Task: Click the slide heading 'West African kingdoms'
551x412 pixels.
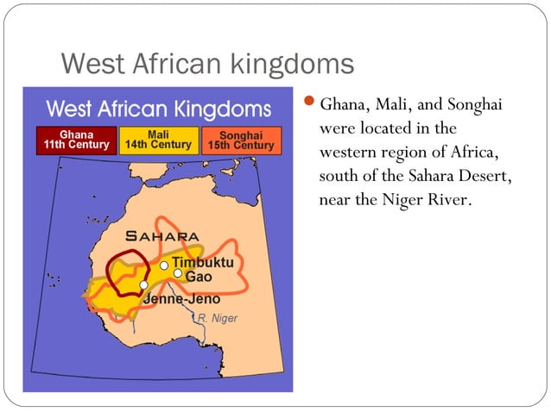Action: pyautogui.click(x=207, y=65)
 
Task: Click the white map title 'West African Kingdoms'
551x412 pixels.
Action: pyautogui.click(x=158, y=109)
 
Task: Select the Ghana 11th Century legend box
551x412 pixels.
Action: pyautogui.click(x=73, y=140)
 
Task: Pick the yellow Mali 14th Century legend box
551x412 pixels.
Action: pyautogui.click(x=158, y=140)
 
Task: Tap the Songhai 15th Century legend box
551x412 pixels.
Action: pyautogui.click(x=241, y=140)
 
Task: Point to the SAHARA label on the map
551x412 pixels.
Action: pyautogui.click(x=162, y=235)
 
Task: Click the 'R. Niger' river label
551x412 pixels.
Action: pyautogui.click(x=217, y=319)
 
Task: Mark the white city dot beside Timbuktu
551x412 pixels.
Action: pyautogui.click(x=164, y=265)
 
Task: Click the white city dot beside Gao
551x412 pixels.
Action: pyautogui.click(x=178, y=273)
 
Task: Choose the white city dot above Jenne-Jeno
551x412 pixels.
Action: pyautogui.click(x=144, y=285)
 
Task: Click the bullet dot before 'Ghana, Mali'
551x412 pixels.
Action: pyautogui.click(x=312, y=106)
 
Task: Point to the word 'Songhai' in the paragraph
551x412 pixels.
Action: pyautogui.click(x=473, y=106)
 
